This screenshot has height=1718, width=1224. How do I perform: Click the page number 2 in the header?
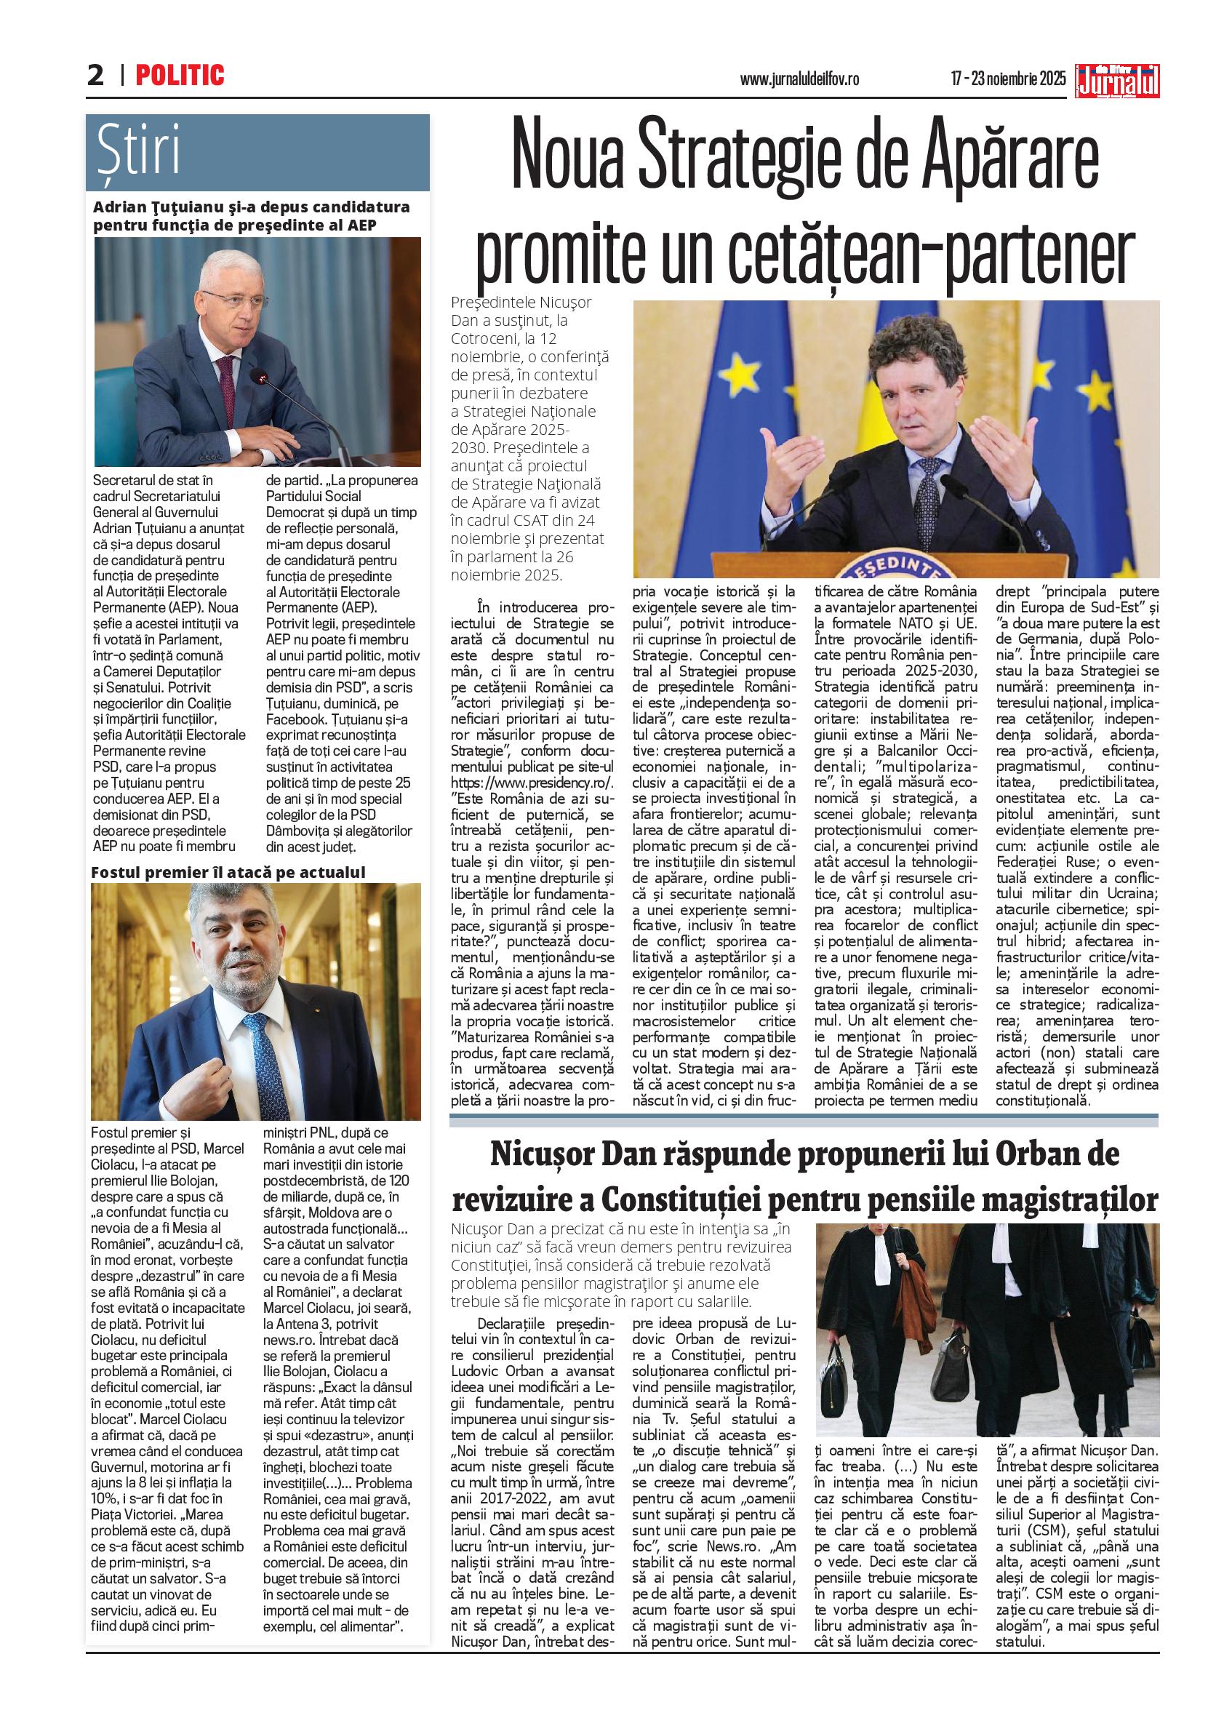pos(96,76)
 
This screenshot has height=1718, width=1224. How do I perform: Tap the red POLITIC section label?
pos(180,76)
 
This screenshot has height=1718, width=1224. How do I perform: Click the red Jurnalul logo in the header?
pos(1119,81)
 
